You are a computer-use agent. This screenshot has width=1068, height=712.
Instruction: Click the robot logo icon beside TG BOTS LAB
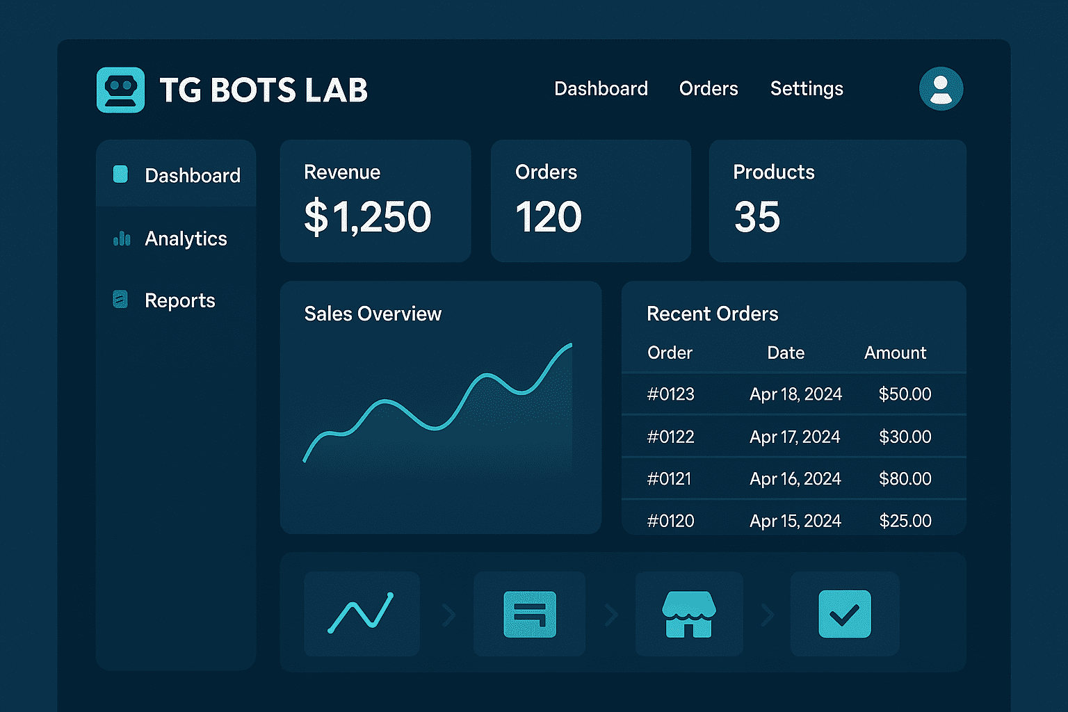coord(120,90)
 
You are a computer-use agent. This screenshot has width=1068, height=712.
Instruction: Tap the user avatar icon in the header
coord(941,89)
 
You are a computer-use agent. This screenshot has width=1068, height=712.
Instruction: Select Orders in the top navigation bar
coord(708,89)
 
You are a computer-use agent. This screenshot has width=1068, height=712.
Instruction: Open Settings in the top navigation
coord(806,89)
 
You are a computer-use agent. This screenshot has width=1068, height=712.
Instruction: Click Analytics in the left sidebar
coord(185,238)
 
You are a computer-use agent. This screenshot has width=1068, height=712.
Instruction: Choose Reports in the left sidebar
coord(179,300)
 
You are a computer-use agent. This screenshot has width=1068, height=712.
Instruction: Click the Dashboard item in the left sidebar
coord(192,175)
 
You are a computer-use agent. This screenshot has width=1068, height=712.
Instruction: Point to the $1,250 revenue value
coord(368,216)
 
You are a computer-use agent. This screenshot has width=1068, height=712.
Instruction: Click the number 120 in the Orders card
coord(548,217)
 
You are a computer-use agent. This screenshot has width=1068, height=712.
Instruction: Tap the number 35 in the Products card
coord(756,217)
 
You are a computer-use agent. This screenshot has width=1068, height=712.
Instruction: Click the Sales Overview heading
coord(373,314)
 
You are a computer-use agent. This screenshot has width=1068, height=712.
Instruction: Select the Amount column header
coord(895,353)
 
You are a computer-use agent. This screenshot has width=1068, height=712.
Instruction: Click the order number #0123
coord(670,394)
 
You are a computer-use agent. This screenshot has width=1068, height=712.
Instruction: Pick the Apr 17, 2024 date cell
coord(795,437)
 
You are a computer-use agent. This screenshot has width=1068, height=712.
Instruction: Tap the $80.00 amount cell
coord(905,478)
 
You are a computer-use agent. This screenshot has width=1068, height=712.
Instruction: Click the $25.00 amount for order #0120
coord(905,521)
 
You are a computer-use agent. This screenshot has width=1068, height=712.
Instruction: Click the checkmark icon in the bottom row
coord(844,614)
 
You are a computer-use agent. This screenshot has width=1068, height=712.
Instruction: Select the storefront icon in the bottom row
coord(688,614)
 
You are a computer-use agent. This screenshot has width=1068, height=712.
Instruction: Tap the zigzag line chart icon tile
coord(361,614)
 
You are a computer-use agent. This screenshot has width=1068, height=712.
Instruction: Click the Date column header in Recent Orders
coord(786,353)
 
